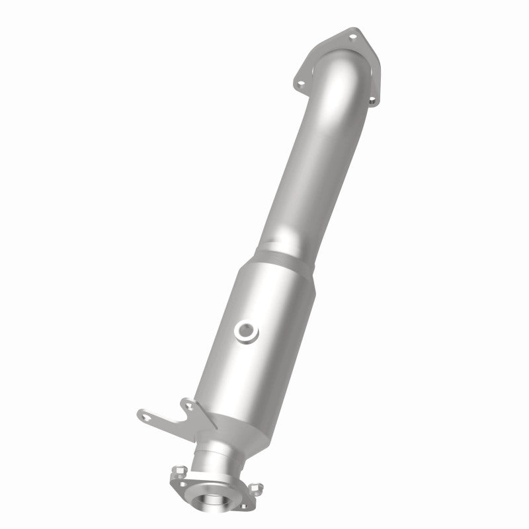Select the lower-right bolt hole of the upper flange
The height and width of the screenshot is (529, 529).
(x=371, y=100)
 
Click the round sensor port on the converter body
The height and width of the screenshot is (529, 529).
(x=247, y=329)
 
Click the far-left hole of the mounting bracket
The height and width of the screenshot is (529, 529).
(x=143, y=415)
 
